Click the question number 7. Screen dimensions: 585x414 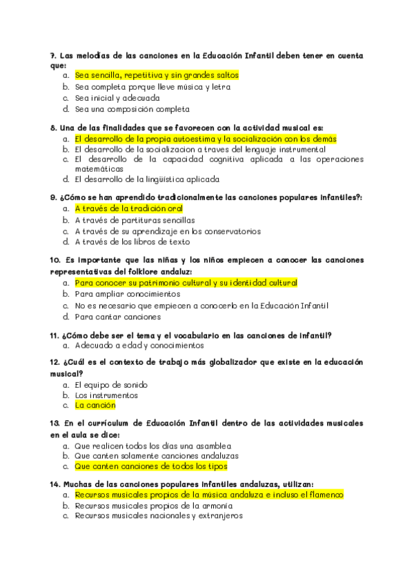pyautogui.click(x=53, y=56)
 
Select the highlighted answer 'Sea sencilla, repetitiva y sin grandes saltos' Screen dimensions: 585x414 pyautogui.click(x=157, y=75)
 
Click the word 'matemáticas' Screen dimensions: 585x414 pyautogui.click(x=99, y=168)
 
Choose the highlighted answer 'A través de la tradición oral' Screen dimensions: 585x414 pyautogui.click(x=128, y=208)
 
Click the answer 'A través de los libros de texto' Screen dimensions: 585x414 pyautogui.click(x=132, y=242)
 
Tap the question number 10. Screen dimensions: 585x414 pyautogui.click(x=55, y=261)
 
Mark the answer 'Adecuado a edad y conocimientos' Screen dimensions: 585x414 pyautogui.click(x=139, y=345)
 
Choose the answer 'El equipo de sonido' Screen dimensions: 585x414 pyautogui.click(x=111, y=384)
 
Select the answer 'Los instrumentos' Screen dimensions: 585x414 pyautogui.click(x=106, y=395)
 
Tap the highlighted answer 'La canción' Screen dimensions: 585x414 pyautogui.click(x=96, y=406)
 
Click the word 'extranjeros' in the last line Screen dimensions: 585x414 pyautogui.click(x=219, y=516)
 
